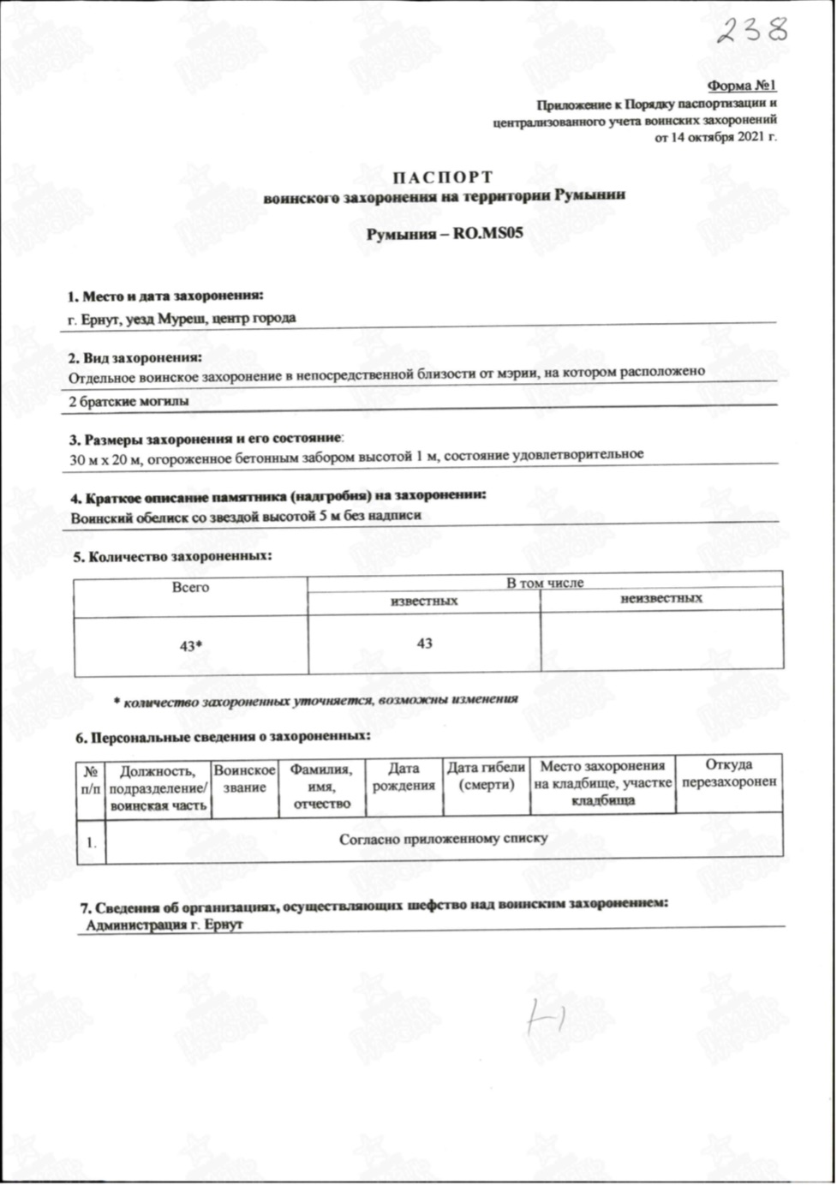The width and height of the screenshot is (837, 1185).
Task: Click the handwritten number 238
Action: [x=751, y=30]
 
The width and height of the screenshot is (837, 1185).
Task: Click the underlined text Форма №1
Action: [x=741, y=87]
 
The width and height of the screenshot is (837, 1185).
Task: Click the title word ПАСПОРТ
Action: [x=443, y=177]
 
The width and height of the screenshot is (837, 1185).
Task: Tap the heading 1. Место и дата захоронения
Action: [x=165, y=297]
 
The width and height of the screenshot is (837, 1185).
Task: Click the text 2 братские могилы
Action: [x=129, y=400]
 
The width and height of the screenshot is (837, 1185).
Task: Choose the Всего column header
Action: [x=190, y=588]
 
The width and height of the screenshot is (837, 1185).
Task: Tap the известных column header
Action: [x=423, y=601]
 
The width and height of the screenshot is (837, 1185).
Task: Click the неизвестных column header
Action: [x=661, y=599]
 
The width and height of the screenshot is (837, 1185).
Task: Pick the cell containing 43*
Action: [x=190, y=648]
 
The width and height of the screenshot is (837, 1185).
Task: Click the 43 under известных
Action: [x=424, y=643]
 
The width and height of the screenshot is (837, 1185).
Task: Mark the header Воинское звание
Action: [x=245, y=779]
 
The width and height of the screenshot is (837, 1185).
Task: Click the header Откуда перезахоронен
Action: [x=728, y=773]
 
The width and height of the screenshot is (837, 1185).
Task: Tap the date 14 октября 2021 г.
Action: [x=715, y=136]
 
